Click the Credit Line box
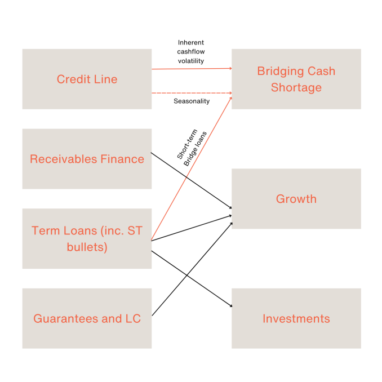[87, 79]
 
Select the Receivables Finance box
[87, 159]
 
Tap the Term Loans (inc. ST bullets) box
[87, 238]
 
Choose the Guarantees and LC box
[87, 318]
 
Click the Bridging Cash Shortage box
[296, 79]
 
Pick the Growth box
[296, 198]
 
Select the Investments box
[296, 318]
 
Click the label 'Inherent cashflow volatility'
[191, 52]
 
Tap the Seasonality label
[192, 101]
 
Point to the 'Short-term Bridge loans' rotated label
[192, 148]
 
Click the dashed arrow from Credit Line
[192, 93]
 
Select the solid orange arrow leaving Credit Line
[192, 69]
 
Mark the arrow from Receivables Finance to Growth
[192, 180]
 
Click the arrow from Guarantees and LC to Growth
[192, 269]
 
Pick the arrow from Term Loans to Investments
[192, 279]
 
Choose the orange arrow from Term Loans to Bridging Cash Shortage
[192, 168]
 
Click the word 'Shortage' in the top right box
[296, 88]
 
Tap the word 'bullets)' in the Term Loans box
[87, 247]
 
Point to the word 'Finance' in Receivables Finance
[122, 159]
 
